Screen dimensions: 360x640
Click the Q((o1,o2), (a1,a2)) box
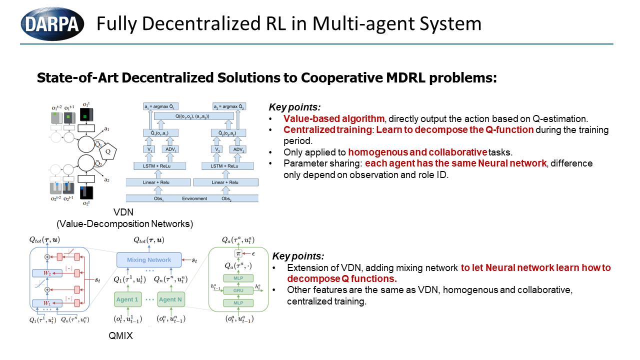[194, 115]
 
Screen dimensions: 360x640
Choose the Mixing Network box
[148, 260]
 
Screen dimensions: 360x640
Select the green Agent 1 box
[127, 299]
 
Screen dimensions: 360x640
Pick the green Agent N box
[170, 299]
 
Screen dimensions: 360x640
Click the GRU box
[238, 290]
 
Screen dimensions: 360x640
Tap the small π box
[238, 254]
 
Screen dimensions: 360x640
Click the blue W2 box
[47, 273]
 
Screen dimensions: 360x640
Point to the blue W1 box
[47, 303]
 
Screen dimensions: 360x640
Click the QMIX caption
[121, 336]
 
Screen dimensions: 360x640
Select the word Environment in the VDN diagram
[194, 198]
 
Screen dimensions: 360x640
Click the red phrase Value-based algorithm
[334, 119]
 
